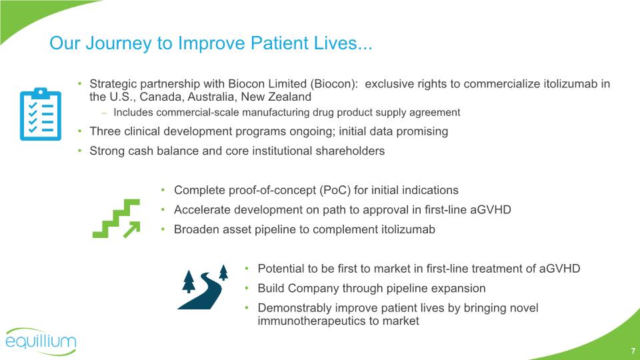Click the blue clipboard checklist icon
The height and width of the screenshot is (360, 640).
[x=41, y=114]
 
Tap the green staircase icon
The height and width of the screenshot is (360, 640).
[x=116, y=219]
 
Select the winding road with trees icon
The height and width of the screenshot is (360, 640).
[x=203, y=287]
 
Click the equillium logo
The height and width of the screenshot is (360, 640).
[x=41, y=341]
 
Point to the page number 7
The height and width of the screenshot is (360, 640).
[x=633, y=351]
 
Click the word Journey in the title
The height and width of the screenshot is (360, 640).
[x=119, y=43]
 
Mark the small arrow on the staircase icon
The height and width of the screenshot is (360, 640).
[x=131, y=229]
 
